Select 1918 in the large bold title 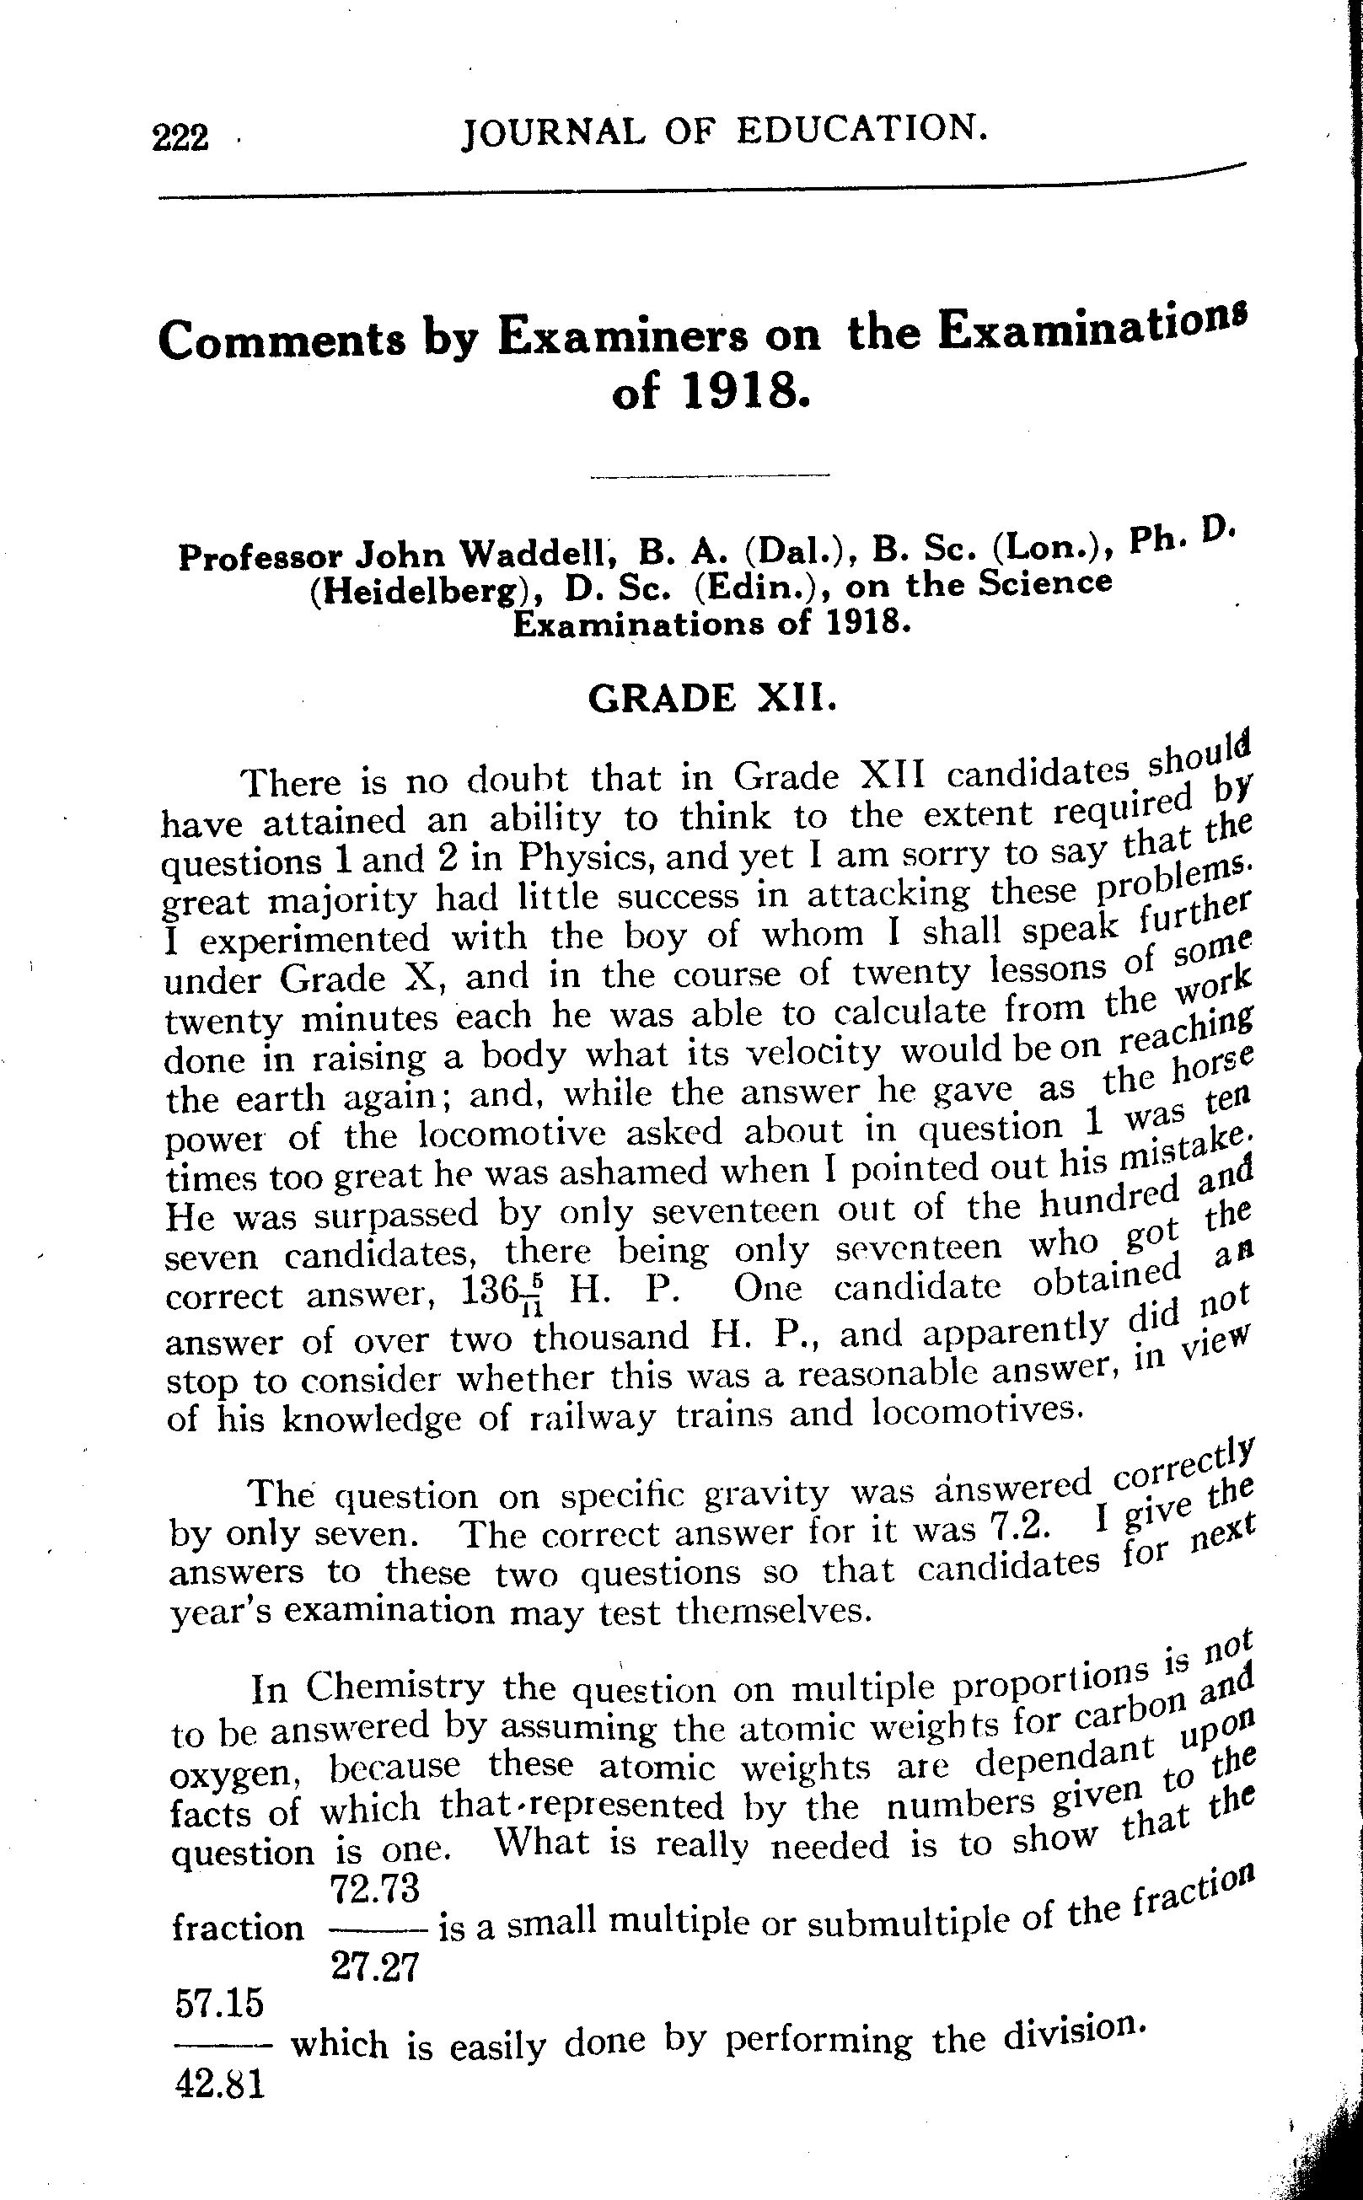click(x=742, y=391)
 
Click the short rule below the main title click(x=709, y=475)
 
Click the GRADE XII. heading click(x=712, y=698)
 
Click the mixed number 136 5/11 click(x=504, y=1295)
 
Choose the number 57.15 click(x=219, y=2004)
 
